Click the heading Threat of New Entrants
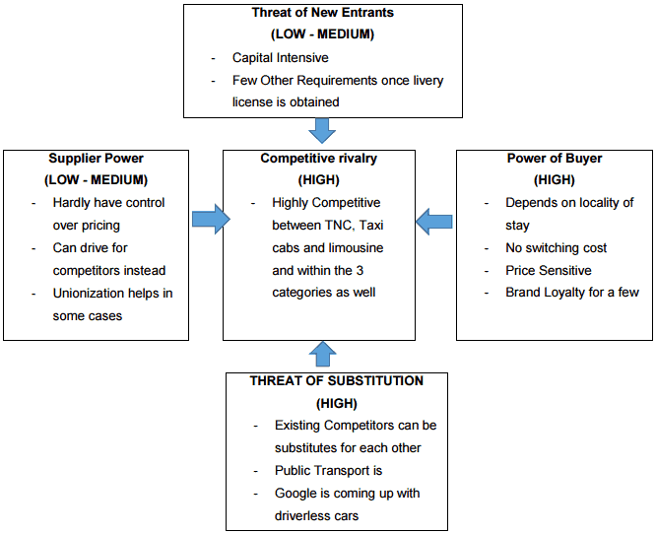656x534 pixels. (x=322, y=14)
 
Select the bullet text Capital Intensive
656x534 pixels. (x=280, y=58)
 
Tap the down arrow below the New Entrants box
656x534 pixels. (x=322, y=130)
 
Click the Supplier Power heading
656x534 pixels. (x=96, y=158)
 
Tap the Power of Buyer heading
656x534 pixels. (x=555, y=158)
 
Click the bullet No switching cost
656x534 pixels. (x=556, y=247)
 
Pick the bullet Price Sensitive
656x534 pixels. (x=548, y=270)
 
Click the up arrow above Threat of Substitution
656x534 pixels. (x=322, y=354)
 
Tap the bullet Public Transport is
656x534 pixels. (x=328, y=471)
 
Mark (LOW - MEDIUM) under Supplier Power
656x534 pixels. (x=96, y=180)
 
